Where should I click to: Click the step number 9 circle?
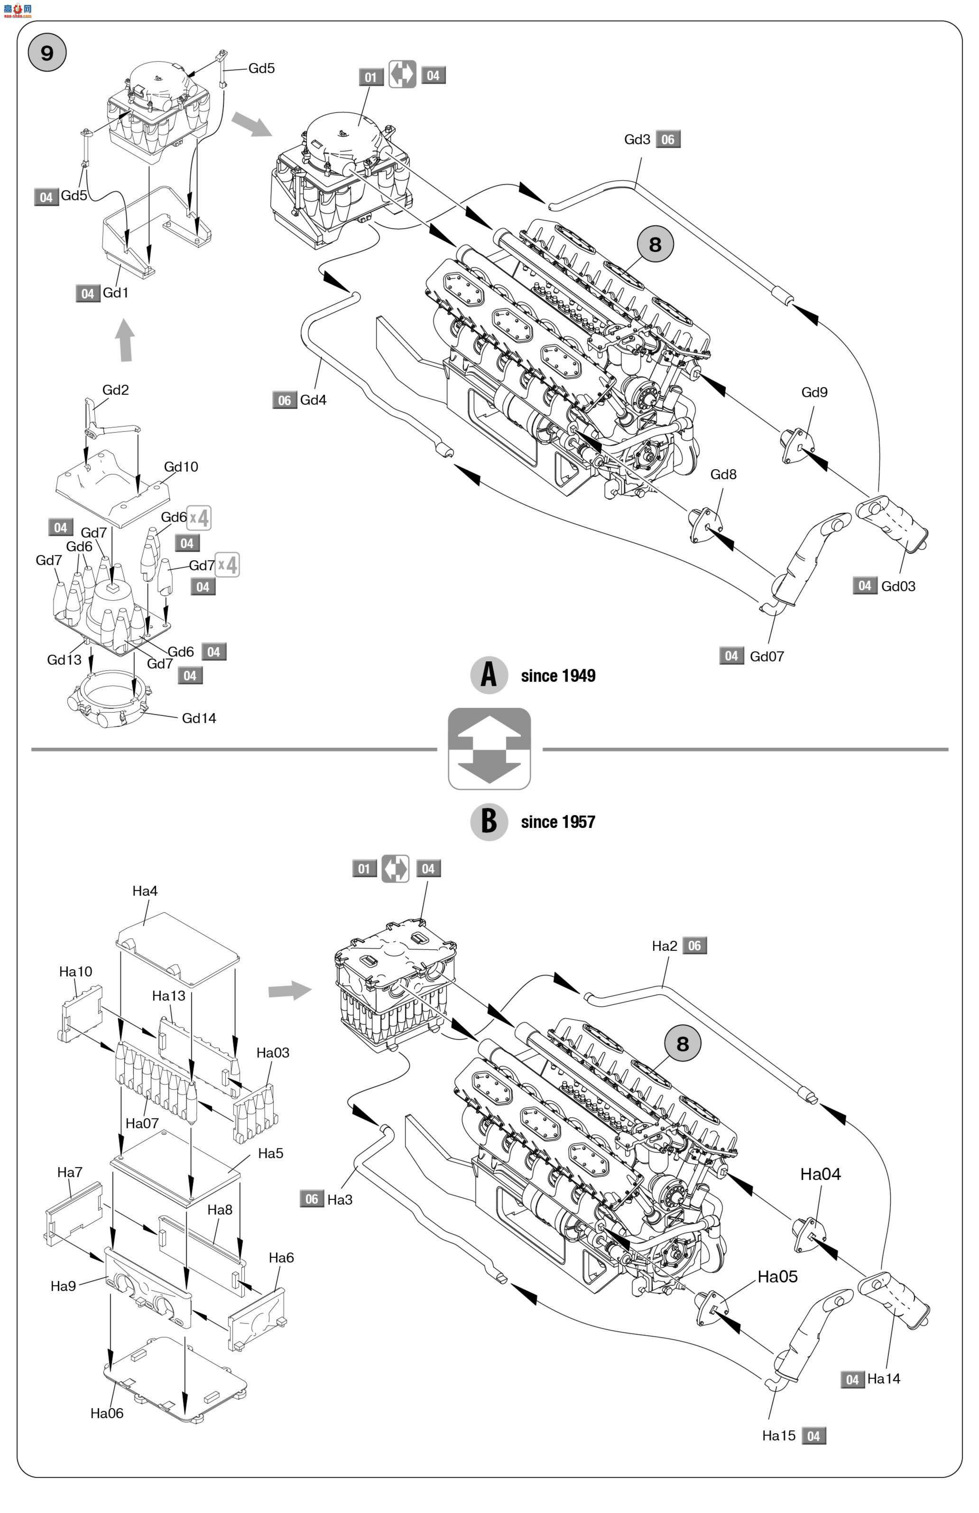pos(47,52)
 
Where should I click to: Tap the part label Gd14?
pos(199,718)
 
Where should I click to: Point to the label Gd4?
pos(314,400)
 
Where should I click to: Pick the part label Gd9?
pos(814,392)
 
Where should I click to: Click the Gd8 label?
pos(723,474)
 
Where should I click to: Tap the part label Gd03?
pos(898,586)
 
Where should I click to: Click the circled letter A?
pos(489,675)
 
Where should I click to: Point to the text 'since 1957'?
pos(558,822)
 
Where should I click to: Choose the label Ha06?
pos(107,1413)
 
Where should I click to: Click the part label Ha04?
pos(820,1174)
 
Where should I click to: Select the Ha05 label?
pos(777,1277)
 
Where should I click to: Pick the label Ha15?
pos(779,1436)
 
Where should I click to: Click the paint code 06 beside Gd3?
pos(667,139)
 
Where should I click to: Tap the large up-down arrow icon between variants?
pos(489,749)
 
